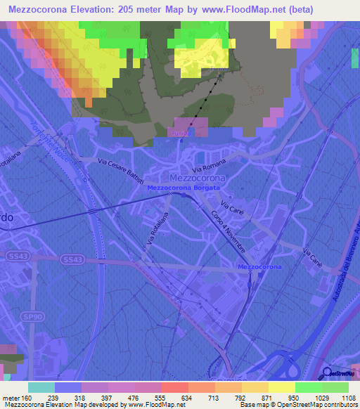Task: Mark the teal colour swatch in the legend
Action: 41,387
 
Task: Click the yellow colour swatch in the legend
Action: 282,387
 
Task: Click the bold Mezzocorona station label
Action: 259,268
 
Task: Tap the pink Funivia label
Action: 178,131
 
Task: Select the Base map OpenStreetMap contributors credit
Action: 298,405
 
